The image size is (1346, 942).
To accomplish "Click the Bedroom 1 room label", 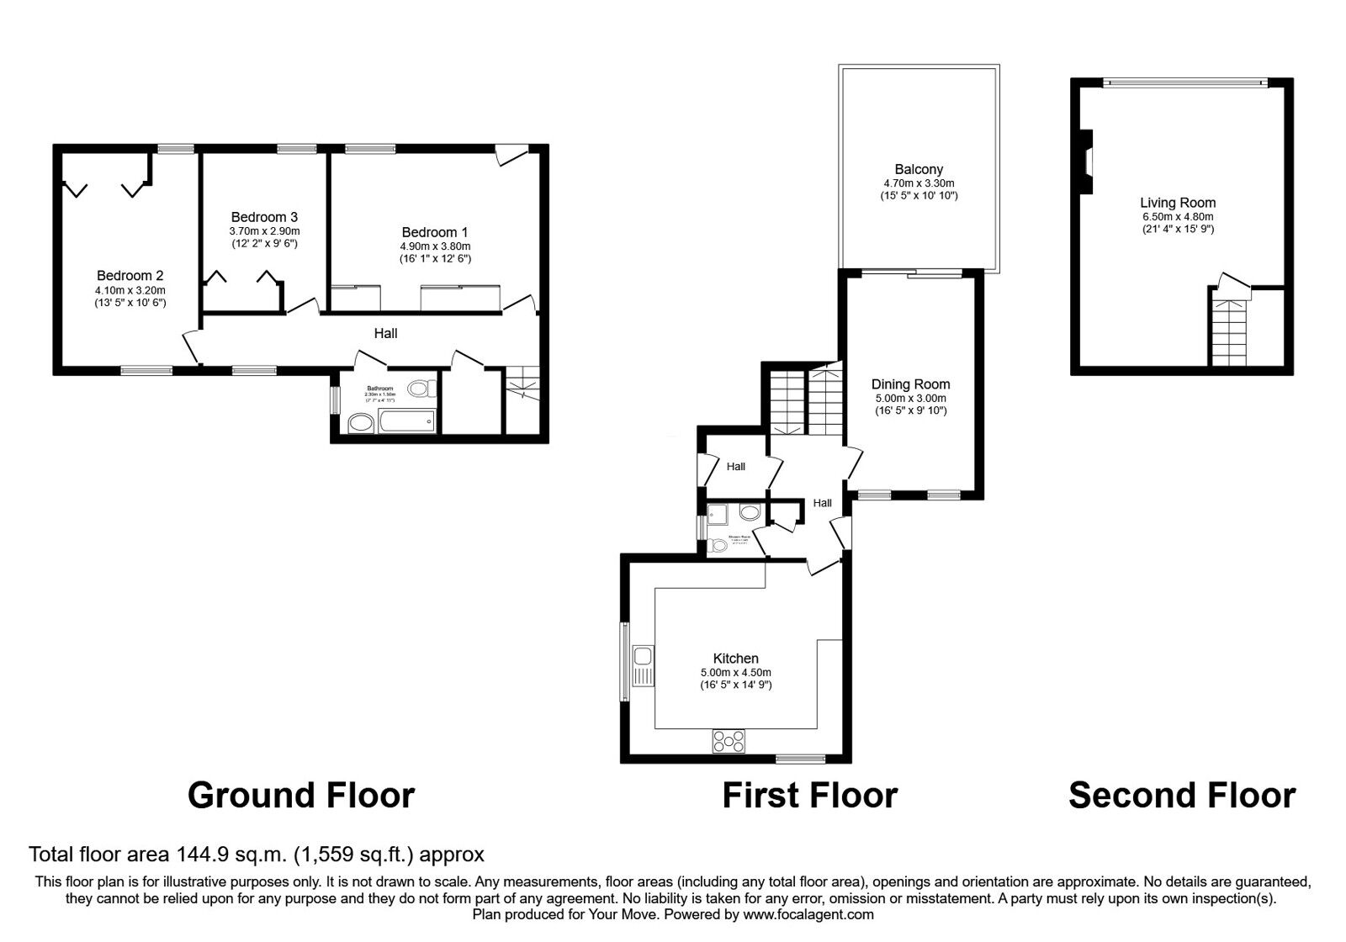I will point(435,232).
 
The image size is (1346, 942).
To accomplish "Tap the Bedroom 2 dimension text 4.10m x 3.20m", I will point(130,290).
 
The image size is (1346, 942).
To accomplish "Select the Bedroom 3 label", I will point(264,217).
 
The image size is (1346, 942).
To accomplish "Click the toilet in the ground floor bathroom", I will point(421,389).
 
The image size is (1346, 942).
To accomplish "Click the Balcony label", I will point(919,169).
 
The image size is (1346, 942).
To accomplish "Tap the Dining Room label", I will point(910,384).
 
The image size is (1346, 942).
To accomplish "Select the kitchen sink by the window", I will point(644,666).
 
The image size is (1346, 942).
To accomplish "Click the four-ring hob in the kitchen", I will point(729,741).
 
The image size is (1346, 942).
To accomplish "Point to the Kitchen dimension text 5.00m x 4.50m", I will point(735,673).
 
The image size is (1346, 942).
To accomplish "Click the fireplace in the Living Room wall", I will point(1087,161).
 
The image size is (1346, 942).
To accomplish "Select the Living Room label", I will point(1178,203).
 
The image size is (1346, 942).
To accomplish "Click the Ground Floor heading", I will point(301,796).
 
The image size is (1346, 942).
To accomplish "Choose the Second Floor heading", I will point(1182,796).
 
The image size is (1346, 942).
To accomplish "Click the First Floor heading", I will point(809,796).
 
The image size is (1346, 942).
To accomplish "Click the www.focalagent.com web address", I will point(808,914).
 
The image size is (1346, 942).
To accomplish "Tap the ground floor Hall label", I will point(385,334).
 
